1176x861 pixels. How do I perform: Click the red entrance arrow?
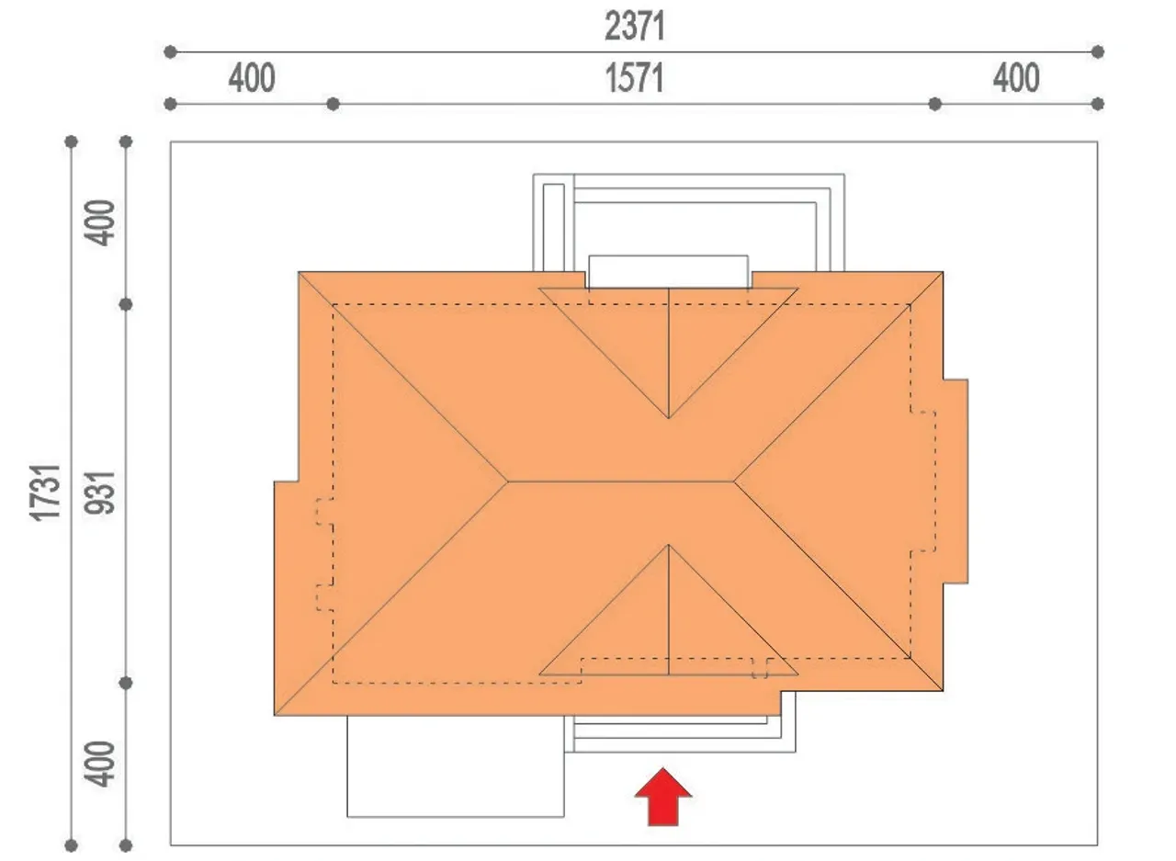pos(663,798)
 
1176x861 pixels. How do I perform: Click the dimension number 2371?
pos(635,27)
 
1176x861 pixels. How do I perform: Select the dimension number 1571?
pos(635,78)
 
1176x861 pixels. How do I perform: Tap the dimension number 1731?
pos(45,493)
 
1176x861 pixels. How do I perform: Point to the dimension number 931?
pos(100,493)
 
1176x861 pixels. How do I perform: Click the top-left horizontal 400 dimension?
pos(252,78)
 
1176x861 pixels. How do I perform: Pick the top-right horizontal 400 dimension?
pos(1016,78)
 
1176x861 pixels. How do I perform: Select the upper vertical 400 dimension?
pos(100,222)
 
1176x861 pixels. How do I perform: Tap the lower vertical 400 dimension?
pos(100,764)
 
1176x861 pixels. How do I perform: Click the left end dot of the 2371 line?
pos(170,52)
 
